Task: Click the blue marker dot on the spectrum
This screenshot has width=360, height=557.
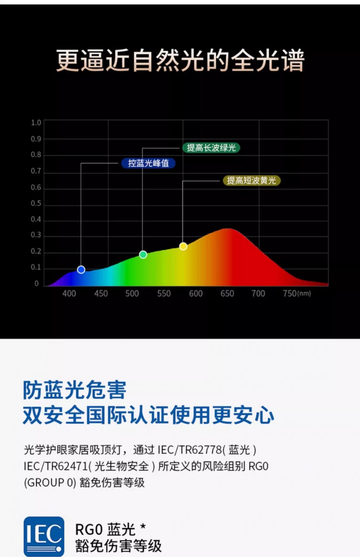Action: [x=81, y=270]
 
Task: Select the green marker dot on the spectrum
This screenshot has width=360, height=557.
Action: [x=143, y=254]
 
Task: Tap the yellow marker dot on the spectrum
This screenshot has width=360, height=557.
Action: [x=183, y=246]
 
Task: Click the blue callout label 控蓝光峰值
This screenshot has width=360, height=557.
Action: [x=148, y=163]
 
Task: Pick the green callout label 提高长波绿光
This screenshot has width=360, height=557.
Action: [x=211, y=148]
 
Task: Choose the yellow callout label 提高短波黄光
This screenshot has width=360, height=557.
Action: [x=252, y=181]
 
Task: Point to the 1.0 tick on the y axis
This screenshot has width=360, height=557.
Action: [x=36, y=123]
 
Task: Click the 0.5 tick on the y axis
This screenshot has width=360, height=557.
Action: [x=36, y=203]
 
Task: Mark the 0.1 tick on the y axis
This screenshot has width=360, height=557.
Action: [x=36, y=267]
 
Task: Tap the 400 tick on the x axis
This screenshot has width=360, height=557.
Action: [x=69, y=294]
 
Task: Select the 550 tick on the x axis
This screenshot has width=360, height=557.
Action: [x=164, y=294]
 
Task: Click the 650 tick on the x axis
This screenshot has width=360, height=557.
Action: [x=227, y=294]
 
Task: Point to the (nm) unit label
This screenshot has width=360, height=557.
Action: [x=304, y=294]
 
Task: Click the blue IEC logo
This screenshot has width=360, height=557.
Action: [x=44, y=536]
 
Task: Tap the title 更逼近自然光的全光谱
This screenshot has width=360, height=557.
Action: [x=180, y=60]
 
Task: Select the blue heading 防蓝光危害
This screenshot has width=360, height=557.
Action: [x=75, y=390]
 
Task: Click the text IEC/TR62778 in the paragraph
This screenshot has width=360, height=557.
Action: [x=190, y=450]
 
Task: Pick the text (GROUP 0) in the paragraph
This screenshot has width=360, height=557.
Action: [x=50, y=483]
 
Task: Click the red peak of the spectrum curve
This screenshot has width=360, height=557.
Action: [x=228, y=228]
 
